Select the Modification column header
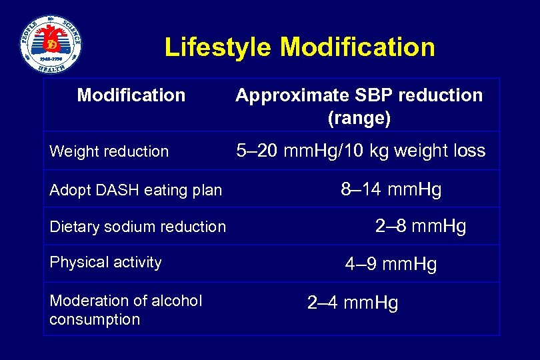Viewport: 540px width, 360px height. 131,95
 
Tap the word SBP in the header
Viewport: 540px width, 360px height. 361,95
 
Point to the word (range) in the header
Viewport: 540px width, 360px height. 359,119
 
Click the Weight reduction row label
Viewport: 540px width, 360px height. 109,151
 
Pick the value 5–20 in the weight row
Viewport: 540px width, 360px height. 258,151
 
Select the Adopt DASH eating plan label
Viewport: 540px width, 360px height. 135,190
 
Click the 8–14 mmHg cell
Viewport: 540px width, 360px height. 391,189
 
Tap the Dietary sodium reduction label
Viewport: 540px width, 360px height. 138,227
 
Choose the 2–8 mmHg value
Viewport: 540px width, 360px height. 421,226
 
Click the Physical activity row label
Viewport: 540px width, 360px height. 105,262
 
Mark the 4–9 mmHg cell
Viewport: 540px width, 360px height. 391,264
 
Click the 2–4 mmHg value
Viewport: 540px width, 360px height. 353,303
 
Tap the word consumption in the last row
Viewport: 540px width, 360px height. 95,319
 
